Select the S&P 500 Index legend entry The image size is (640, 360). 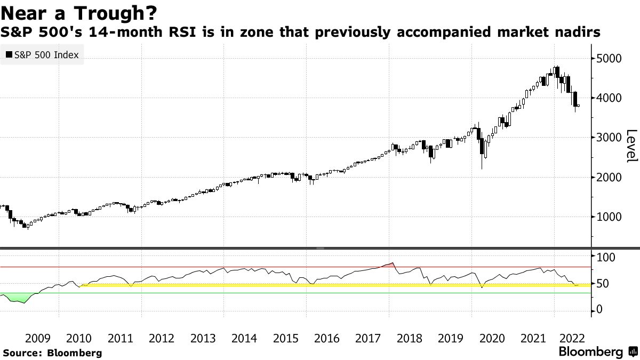click(x=42, y=55)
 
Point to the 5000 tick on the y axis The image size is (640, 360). click(x=609, y=58)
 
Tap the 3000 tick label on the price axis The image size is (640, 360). click(x=609, y=138)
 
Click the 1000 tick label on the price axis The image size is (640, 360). click(x=609, y=217)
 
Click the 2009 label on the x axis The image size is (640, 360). click(x=37, y=338)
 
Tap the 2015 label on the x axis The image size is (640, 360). click(x=285, y=338)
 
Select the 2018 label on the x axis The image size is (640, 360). click(x=409, y=338)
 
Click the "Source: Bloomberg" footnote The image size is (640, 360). click(x=52, y=353)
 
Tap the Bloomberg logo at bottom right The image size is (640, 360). click(x=598, y=351)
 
